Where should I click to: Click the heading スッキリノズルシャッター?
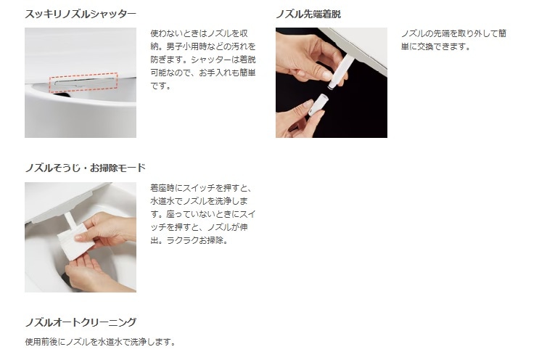80,14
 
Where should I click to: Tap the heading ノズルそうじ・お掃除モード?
85,168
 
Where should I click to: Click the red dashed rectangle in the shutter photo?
83,81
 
